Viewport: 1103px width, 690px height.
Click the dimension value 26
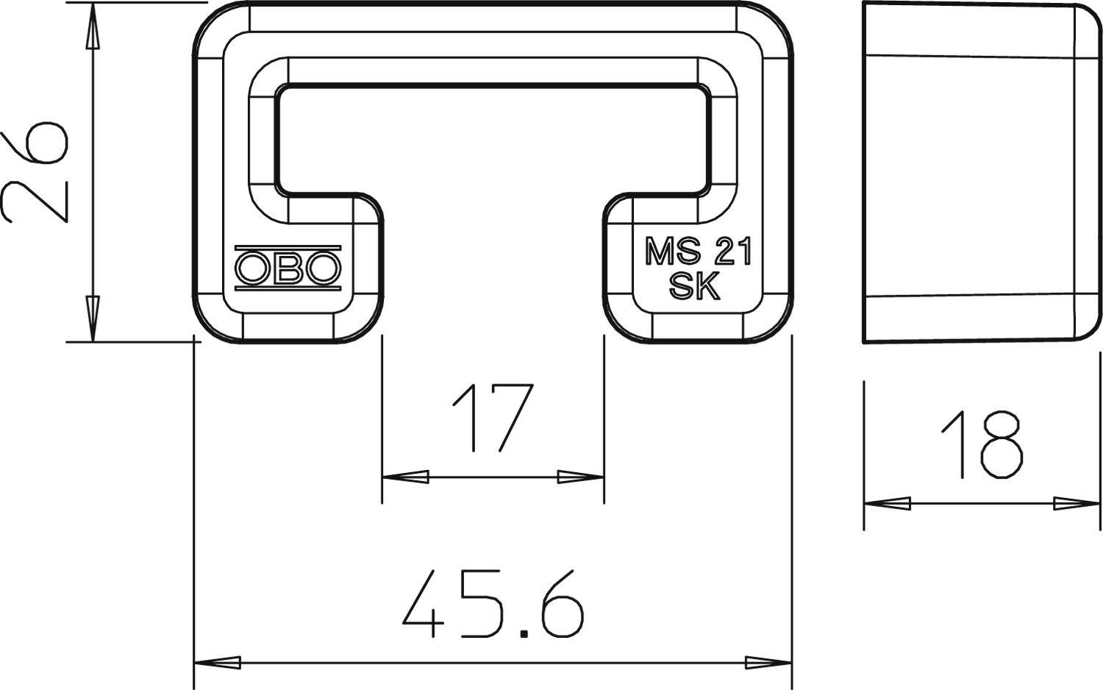(35, 172)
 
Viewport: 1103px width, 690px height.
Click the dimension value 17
(492, 418)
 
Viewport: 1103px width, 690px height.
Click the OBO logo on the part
(288, 268)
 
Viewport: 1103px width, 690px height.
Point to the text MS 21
(699, 253)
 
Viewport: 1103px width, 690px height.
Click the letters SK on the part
(694, 287)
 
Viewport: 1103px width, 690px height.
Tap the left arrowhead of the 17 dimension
(405, 477)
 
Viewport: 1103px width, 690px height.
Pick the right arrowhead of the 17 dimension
(581, 477)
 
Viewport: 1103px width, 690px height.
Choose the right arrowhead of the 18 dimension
(1078, 504)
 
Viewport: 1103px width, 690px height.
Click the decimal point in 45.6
(524, 633)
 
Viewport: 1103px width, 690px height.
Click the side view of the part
(982, 173)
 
